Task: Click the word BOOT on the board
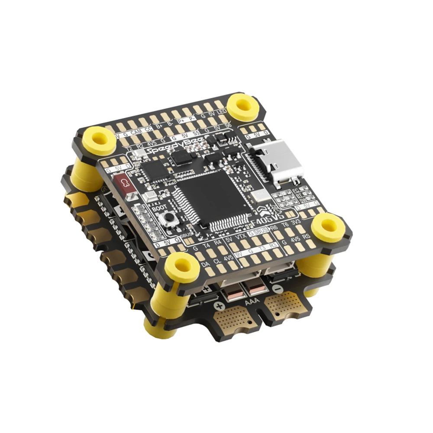pos(160,207)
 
